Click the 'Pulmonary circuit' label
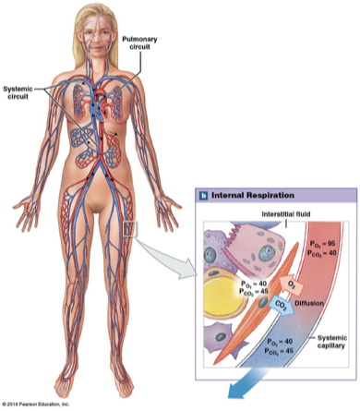click(x=145, y=41)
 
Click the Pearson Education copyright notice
click(x=42, y=405)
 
